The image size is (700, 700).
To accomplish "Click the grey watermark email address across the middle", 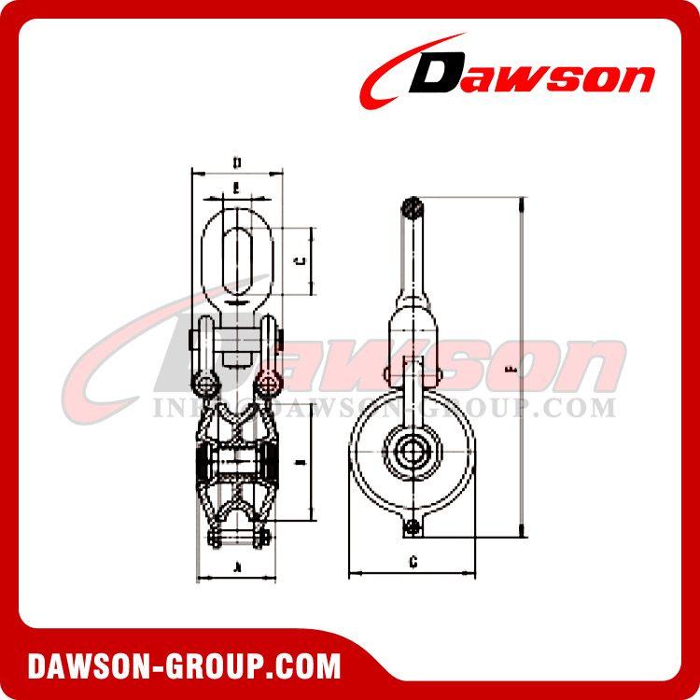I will [383, 408].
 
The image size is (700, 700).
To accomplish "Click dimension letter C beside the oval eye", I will [297, 260].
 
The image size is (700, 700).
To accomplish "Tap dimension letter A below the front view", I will [237, 567].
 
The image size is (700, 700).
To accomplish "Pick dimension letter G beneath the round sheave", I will [412, 561].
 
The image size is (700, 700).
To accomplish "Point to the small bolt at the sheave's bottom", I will [412, 529].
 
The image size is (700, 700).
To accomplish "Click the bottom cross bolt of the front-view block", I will [237, 538].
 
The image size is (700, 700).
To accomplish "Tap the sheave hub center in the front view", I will [237, 464].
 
